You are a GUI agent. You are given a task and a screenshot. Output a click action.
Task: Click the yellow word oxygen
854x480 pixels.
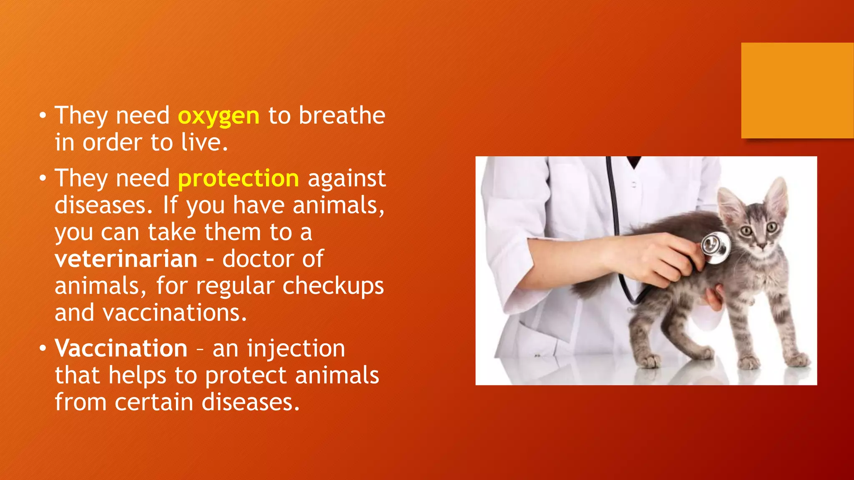tap(219, 116)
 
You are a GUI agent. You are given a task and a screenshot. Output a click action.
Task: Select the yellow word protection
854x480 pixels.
tap(238, 179)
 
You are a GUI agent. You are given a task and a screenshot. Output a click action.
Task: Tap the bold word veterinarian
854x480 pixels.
tap(126, 259)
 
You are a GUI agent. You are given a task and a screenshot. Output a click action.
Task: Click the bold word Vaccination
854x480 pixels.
tap(121, 348)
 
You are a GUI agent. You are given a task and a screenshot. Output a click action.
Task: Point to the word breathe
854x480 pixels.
tap(342, 115)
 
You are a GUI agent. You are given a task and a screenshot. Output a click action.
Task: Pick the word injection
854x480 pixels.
tap(296, 348)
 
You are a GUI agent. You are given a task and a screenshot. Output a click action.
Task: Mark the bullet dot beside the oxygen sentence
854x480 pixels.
tap(43, 115)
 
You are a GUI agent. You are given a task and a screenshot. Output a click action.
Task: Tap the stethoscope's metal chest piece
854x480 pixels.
tap(715, 247)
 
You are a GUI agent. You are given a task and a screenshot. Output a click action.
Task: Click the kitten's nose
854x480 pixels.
tap(761, 245)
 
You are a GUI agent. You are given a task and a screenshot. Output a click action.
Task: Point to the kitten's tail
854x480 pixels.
tap(592, 287)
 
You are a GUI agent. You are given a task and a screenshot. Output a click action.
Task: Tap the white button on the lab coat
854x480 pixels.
tap(634, 184)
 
